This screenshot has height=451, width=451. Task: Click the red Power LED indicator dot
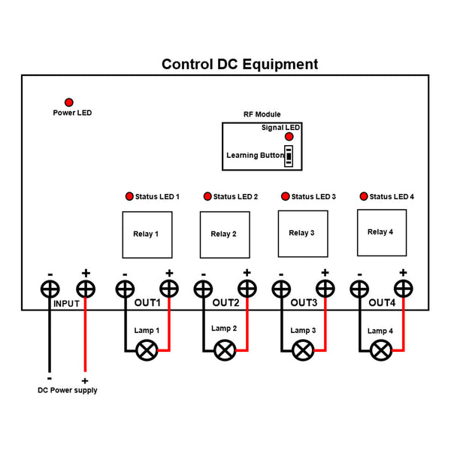(69, 102)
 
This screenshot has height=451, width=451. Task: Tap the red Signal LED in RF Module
(289, 138)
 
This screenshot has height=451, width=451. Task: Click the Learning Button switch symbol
(289, 156)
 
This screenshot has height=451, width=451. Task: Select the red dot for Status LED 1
(129, 196)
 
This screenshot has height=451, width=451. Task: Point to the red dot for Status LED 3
(285, 196)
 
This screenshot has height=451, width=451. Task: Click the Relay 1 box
(147, 235)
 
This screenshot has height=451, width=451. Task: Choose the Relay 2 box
(224, 235)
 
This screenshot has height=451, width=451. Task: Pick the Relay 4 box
(381, 233)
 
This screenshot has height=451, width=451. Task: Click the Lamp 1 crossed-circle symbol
(147, 350)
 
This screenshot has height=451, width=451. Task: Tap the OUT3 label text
(304, 304)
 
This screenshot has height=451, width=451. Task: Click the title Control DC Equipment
(240, 65)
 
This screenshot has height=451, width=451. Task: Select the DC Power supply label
(68, 390)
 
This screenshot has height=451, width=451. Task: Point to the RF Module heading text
(262, 114)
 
